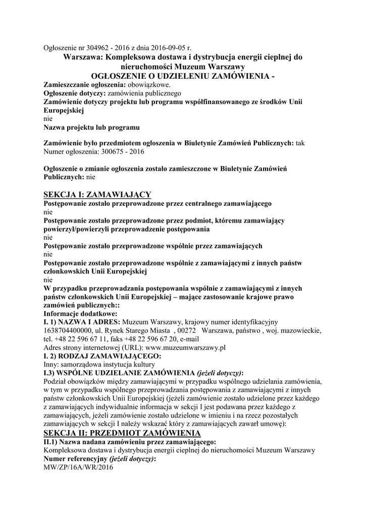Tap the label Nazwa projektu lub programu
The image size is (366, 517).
click(91, 127)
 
